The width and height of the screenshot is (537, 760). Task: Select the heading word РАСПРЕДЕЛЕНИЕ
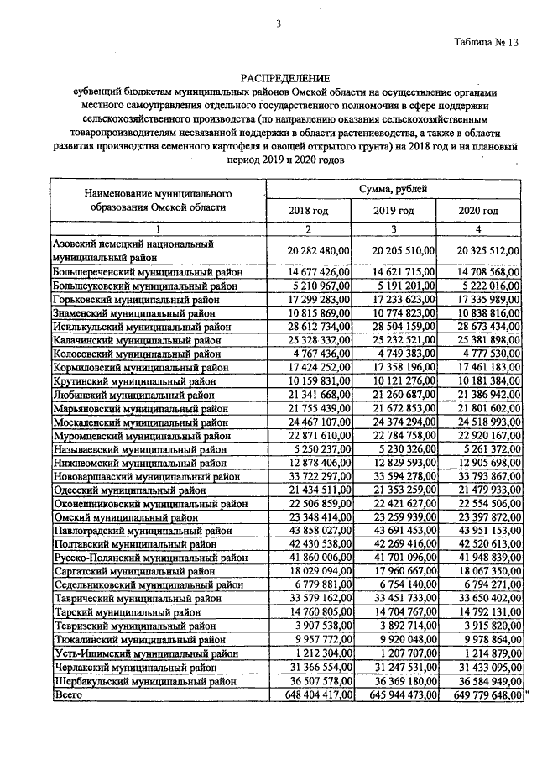click(277, 77)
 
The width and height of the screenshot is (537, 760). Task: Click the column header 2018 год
click(308, 210)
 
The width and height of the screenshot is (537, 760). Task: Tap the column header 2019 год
click(394, 210)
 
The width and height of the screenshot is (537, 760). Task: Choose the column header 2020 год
click(478, 210)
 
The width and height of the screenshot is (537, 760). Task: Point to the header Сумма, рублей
click(393, 190)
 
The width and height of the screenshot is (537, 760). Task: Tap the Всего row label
click(68, 694)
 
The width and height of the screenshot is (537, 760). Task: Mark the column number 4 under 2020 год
click(478, 229)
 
